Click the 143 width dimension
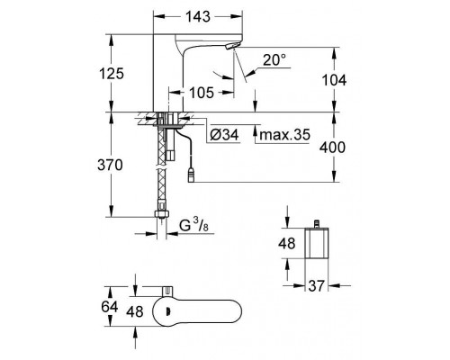coord(198,17)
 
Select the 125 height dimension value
coord(112,74)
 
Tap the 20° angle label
coord(274,60)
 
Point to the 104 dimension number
coord(334,80)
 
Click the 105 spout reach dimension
coord(202,93)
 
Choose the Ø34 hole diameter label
coord(224,135)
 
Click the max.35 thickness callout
coord(284,135)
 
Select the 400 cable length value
coord(332,148)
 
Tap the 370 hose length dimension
coord(110,165)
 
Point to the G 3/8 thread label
coord(193,225)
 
